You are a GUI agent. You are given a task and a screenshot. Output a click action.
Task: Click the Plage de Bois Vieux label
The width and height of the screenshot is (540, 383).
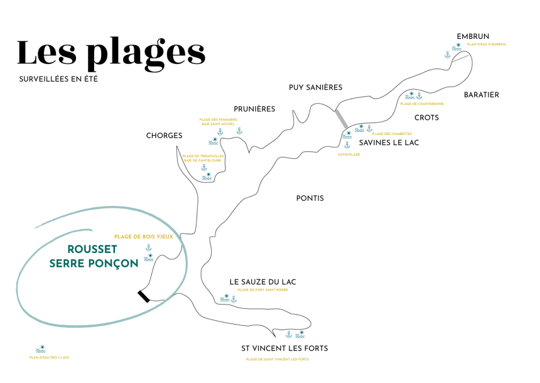143,237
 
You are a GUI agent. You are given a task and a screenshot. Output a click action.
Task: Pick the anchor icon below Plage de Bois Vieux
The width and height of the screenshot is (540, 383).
149,248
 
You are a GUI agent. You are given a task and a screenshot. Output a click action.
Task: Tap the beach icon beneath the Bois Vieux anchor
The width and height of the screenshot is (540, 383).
149,257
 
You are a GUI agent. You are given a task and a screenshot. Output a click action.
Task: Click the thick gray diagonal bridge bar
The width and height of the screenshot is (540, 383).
341,119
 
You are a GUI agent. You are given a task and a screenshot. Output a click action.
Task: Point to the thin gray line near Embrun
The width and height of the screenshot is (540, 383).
460,58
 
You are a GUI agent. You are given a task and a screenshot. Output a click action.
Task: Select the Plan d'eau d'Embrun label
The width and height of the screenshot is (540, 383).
487,45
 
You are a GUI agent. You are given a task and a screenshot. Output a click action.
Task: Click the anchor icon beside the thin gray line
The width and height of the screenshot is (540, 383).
448,55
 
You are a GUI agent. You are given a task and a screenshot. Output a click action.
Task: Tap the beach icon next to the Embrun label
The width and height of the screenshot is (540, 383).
457,46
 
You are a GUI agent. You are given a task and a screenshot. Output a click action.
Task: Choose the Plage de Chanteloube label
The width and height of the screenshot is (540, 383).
422,104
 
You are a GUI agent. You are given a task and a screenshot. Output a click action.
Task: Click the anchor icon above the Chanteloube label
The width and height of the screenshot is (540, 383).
419,96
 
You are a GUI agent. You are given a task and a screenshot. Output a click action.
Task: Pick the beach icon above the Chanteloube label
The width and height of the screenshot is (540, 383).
410,95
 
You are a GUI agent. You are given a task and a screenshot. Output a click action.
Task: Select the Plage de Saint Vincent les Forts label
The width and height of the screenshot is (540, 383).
277,360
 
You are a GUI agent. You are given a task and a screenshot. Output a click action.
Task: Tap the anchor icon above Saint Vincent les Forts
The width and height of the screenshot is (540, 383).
289,335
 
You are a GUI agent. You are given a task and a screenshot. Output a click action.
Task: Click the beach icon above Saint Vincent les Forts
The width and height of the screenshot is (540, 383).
300,334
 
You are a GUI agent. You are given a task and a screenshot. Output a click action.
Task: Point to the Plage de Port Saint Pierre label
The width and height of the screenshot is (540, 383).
262,290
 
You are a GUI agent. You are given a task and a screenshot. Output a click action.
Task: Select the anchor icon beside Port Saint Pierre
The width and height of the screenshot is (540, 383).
234,299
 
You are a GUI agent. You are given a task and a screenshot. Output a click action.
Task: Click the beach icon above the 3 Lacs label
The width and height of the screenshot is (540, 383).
41,348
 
